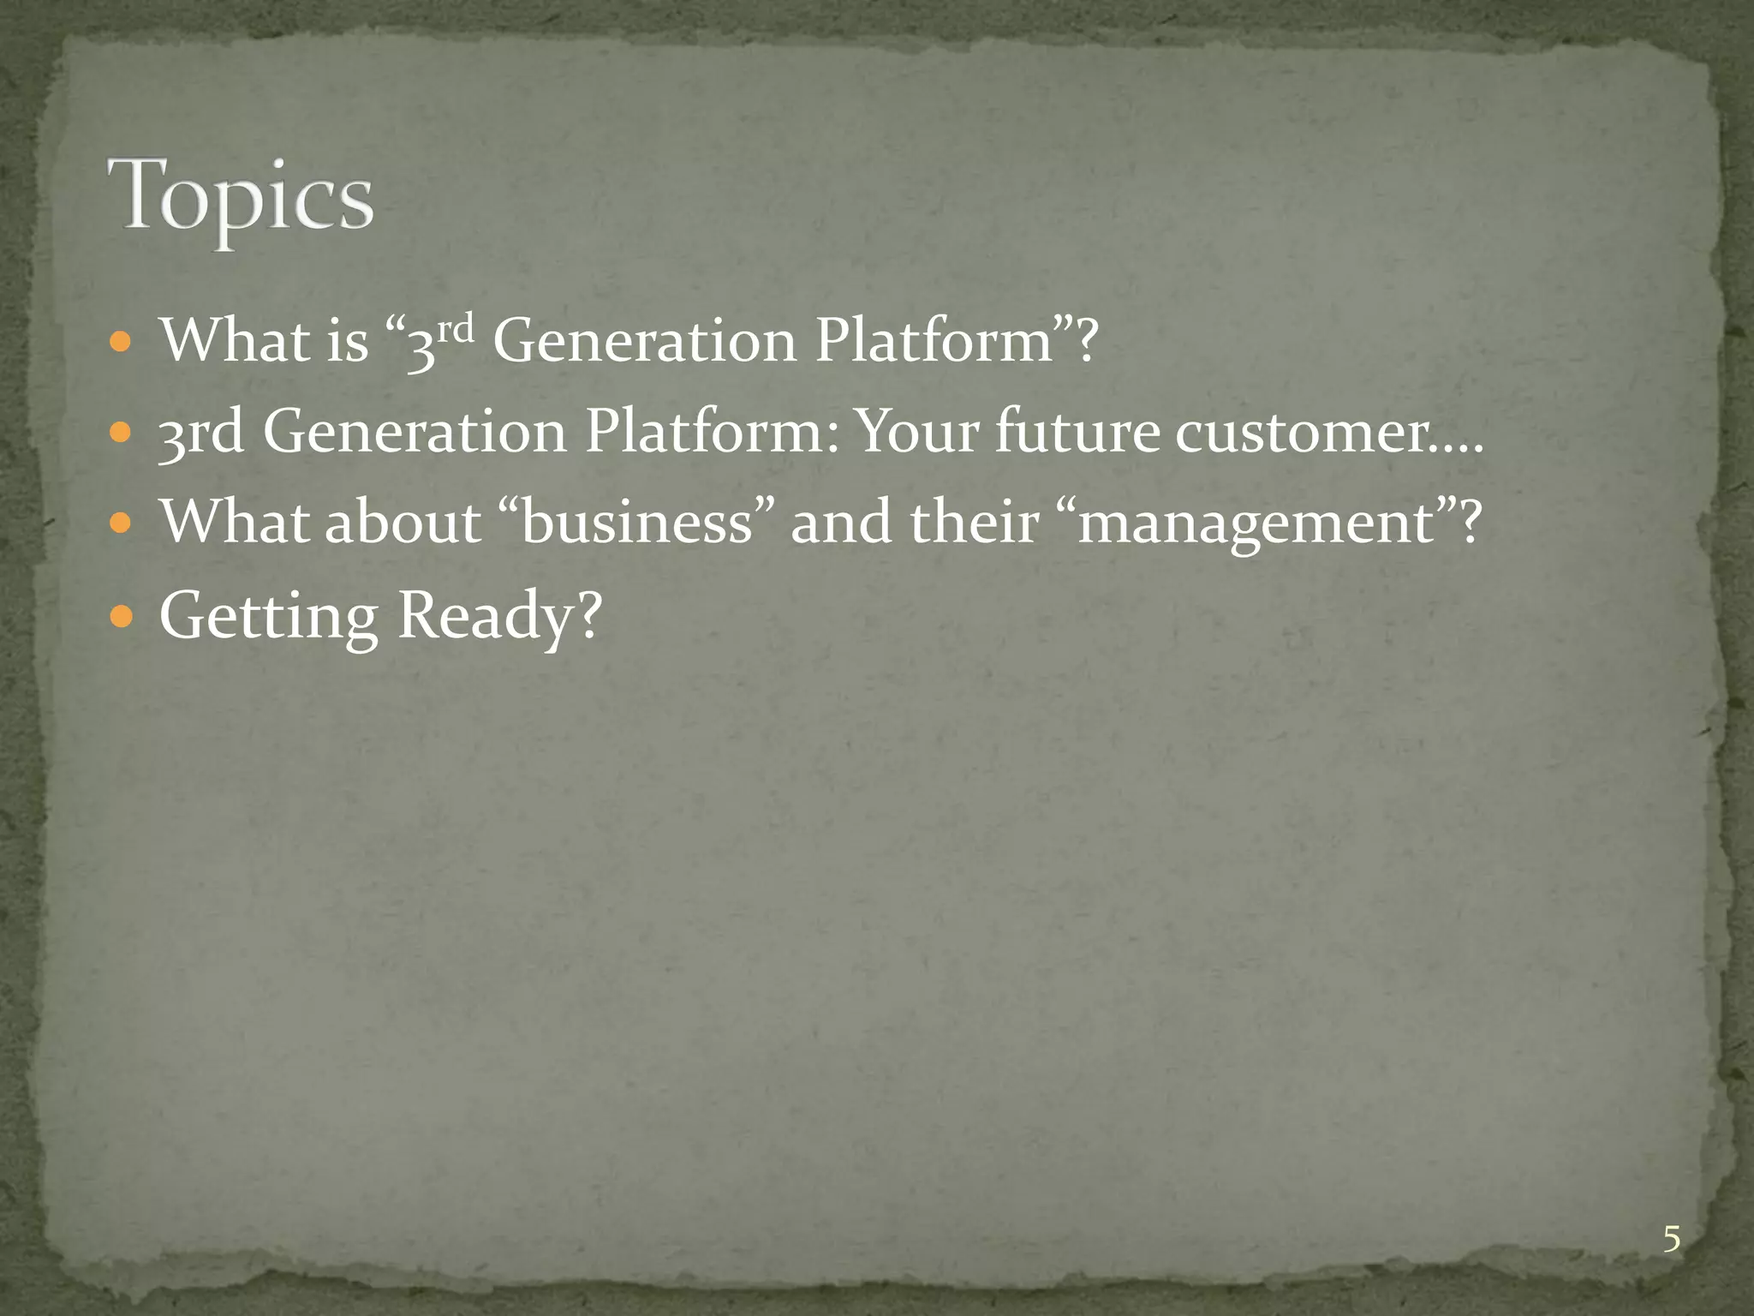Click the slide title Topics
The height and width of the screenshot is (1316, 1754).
[241, 196]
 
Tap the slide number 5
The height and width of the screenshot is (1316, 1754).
[1671, 1240]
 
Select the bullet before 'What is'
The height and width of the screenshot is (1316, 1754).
[122, 343]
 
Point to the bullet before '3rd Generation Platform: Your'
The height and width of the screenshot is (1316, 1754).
[122, 432]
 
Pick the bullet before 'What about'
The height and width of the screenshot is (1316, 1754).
[122, 522]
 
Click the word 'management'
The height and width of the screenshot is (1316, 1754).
[1256, 523]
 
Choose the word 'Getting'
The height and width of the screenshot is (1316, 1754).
[268, 617]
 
